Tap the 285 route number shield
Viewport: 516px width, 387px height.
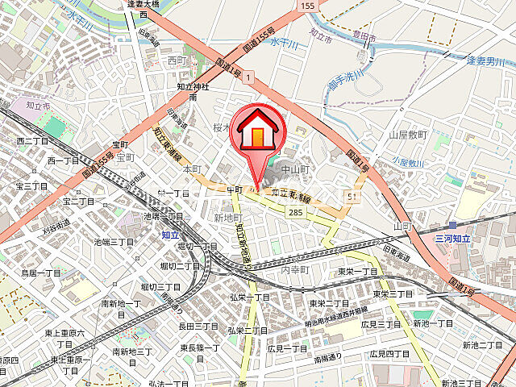(295, 211)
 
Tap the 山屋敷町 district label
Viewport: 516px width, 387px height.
(407, 135)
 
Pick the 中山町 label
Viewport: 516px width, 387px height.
(296, 169)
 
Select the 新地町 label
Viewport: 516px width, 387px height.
(228, 218)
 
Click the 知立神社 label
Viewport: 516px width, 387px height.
(193, 86)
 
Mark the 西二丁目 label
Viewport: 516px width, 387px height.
(32, 141)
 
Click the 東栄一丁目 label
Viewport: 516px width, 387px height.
(358, 273)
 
